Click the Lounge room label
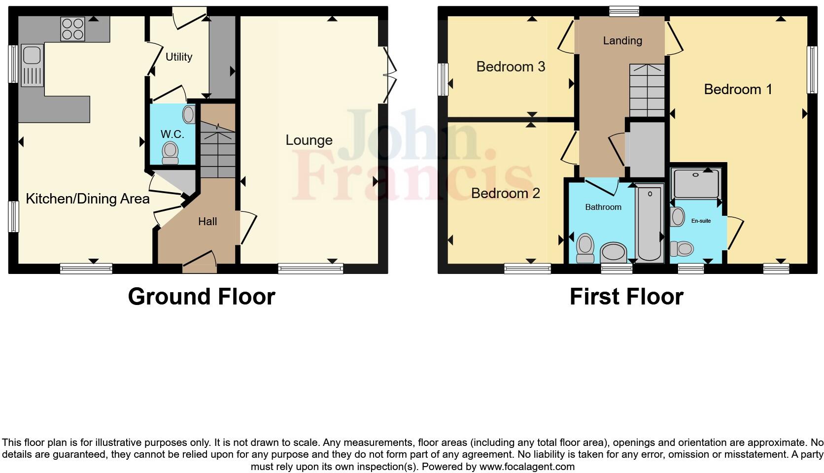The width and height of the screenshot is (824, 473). coord(309,140)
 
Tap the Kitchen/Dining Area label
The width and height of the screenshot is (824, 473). coord(88,199)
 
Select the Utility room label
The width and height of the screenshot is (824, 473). coord(179,57)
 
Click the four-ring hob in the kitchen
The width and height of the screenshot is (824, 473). coord(72,29)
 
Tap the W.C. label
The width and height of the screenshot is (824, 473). coord(172,134)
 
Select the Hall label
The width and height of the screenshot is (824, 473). coord(207,222)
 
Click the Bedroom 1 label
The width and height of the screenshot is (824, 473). coord(738,90)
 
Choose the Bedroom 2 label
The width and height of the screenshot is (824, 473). coord(506,193)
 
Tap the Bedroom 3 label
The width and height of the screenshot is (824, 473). coord(511,67)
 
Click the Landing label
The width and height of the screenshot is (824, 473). coord(622,41)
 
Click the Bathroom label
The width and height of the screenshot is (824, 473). coord(603,207)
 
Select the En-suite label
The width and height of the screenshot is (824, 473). coord(701,221)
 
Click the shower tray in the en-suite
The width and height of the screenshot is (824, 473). coord(696,183)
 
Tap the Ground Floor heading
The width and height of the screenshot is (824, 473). coord(202,297)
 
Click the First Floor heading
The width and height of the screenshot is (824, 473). coord(626,297)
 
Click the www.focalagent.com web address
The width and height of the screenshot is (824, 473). coord(527,466)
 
